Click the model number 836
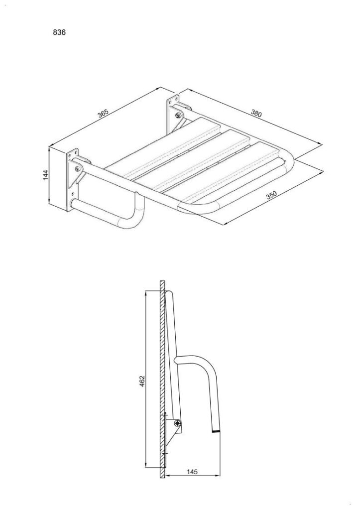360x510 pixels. (59, 32)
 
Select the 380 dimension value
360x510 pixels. (256, 113)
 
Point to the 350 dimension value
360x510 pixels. (271, 195)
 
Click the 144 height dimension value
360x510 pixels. (46, 175)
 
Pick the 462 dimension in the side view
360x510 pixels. (142, 381)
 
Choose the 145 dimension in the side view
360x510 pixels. (192, 472)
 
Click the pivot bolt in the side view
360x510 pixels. (177, 423)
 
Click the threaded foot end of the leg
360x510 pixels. (216, 431)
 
